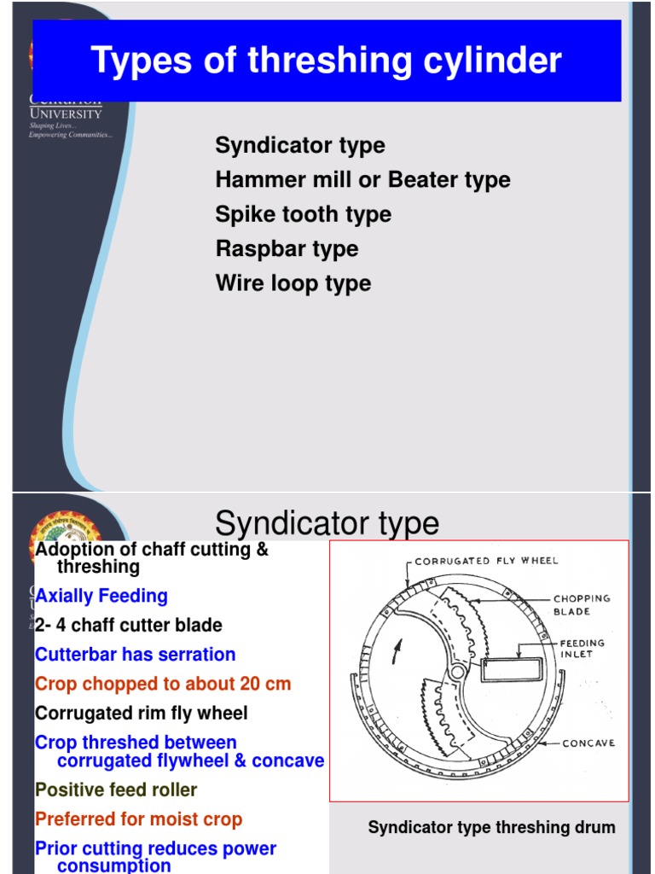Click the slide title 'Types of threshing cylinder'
[x=326, y=61]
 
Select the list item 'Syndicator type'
[x=299, y=145]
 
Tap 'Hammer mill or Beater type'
[x=362, y=180]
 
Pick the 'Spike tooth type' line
[x=303, y=214]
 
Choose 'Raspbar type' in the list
[x=287, y=249]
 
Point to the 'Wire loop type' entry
[x=293, y=283]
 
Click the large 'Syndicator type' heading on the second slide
[x=327, y=522]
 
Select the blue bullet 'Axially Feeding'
[x=101, y=596]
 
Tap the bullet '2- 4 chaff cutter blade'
[x=128, y=626]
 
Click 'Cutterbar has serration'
[x=135, y=655]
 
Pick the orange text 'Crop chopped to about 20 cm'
[x=162, y=684]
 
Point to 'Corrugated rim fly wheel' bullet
[x=142, y=713]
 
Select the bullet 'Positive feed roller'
[x=115, y=790]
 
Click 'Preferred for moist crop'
[x=138, y=819]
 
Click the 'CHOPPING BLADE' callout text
[x=582, y=604]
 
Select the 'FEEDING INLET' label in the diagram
[x=582, y=649]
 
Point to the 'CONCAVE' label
[x=589, y=743]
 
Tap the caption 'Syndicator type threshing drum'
[x=491, y=827]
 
